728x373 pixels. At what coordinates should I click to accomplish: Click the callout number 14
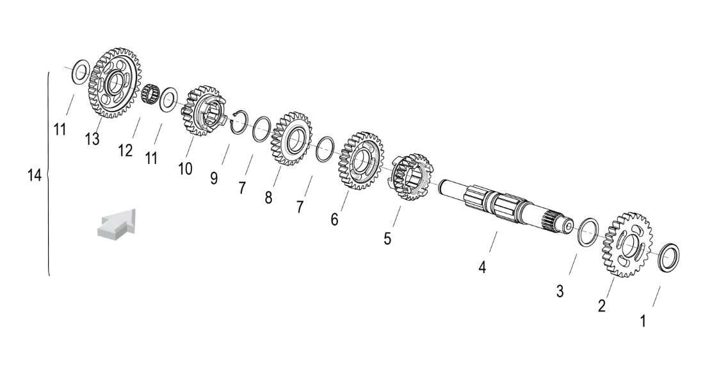[x=35, y=176]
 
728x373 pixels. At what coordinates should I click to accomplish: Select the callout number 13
[x=92, y=138]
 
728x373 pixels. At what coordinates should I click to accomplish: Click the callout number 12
[x=125, y=151]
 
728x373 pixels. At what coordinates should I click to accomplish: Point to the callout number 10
[x=185, y=169]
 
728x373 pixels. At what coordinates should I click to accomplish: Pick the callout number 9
[x=214, y=178]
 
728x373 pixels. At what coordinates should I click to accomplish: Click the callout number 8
[x=268, y=198]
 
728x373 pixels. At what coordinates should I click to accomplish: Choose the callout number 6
[x=334, y=219]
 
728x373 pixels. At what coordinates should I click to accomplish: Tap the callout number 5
[x=387, y=239]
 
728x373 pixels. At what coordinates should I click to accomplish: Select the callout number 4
[x=482, y=267]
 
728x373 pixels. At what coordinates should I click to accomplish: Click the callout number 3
[x=560, y=292]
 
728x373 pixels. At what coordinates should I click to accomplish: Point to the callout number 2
[x=602, y=306]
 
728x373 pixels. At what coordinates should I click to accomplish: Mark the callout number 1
[x=643, y=321]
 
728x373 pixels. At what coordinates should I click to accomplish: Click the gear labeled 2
[x=627, y=245]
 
